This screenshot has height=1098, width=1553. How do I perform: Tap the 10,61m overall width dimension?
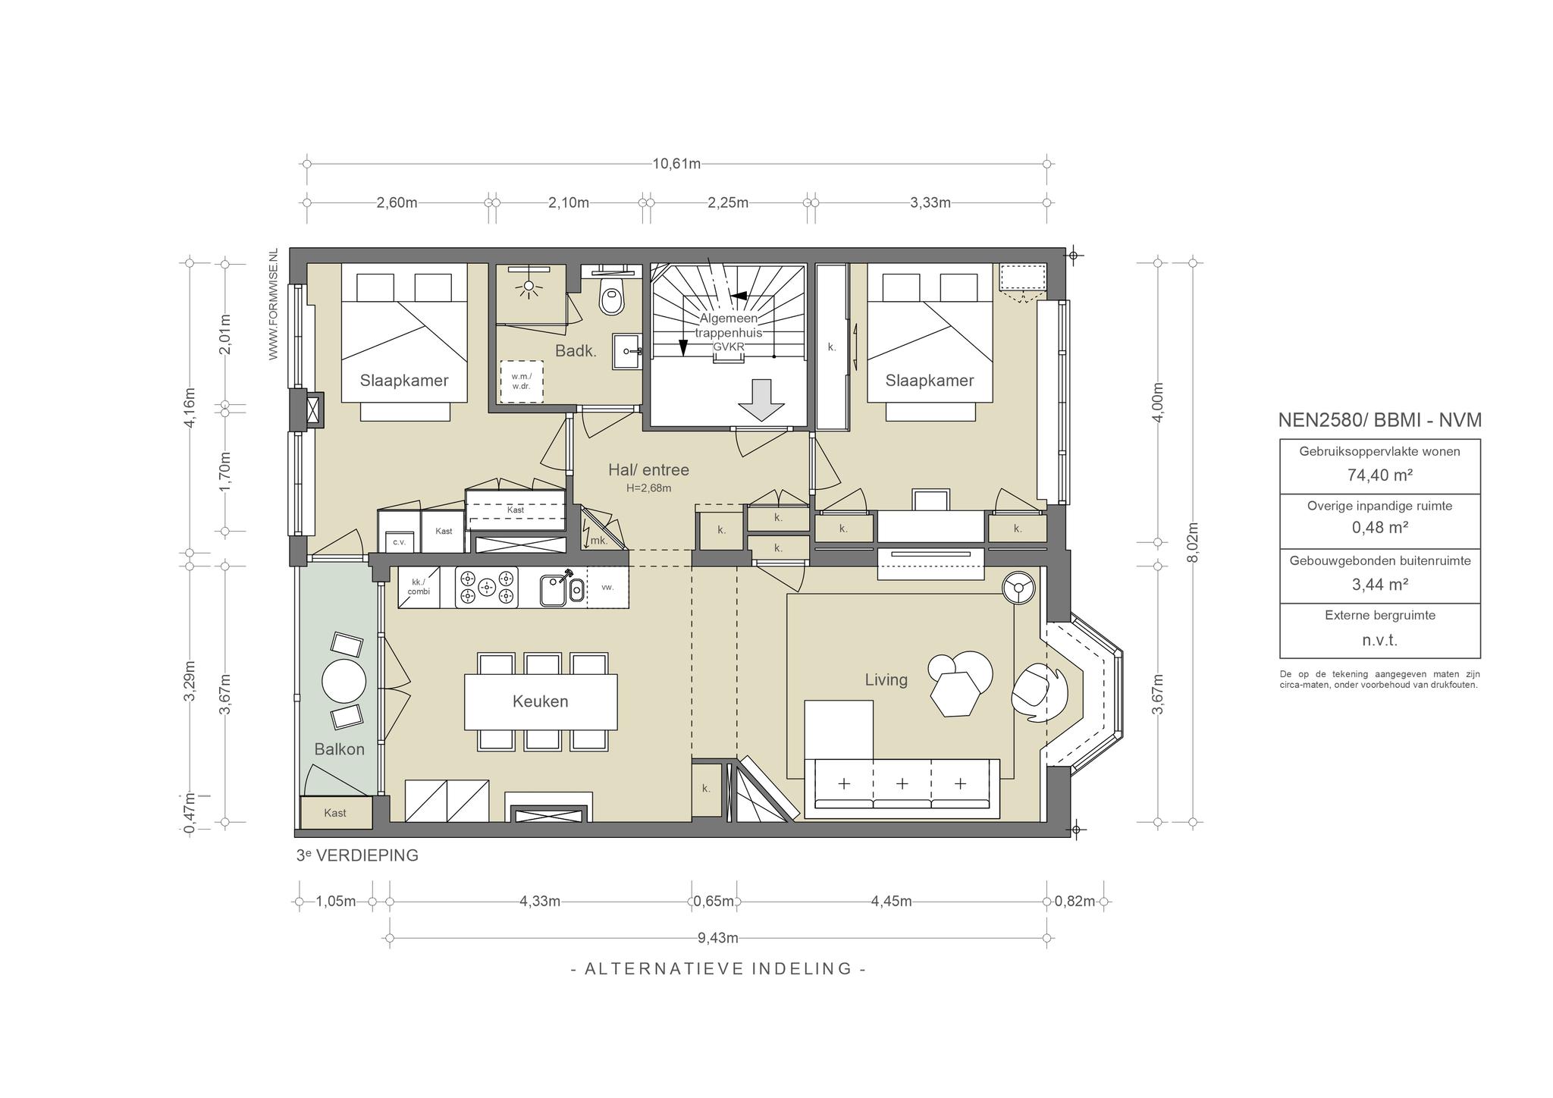pyautogui.click(x=676, y=163)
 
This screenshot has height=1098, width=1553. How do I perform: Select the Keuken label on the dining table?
pyautogui.click(x=540, y=701)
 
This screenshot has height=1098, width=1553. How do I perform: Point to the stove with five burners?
pyautogui.click(x=487, y=587)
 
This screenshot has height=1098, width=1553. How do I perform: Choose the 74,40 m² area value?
pyautogui.click(x=1380, y=475)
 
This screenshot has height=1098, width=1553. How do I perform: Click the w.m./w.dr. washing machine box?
pyautogui.click(x=521, y=381)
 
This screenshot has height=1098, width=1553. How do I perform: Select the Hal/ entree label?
pyautogui.click(x=648, y=470)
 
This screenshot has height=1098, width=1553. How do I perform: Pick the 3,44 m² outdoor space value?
pyautogui.click(x=1380, y=584)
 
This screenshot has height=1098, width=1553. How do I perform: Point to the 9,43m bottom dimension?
pyautogui.click(x=718, y=938)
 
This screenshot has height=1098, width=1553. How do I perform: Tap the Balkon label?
pyautogui.click(x=340, y=749)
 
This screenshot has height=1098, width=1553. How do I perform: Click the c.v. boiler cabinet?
pyautogui.click(x=399, y=542)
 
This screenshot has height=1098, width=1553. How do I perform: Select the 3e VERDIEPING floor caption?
pyautogui.click(x=357, y=855)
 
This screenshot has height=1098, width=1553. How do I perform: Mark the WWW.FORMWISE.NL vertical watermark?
pyautogui.click(x=274, y=303)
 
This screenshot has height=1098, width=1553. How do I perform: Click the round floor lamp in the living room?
pyautogui.click(x=1018, y=588)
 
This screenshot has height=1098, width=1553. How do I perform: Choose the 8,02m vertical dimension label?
pyautogui.click(x=1193, y=540)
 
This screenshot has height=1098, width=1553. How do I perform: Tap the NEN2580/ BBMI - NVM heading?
pyautogui.click(x=1380, y=420)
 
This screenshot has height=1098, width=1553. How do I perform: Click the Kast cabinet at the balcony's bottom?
pyautogui.click(x=336, y=813)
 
